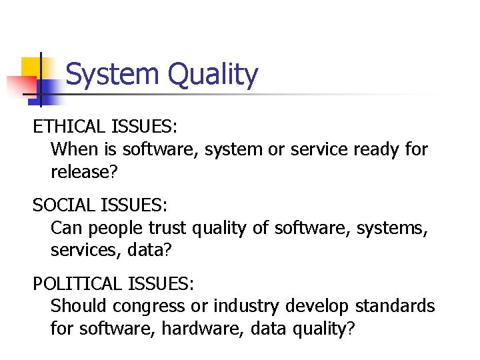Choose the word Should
coord(79,307)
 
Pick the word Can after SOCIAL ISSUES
coord(67,229)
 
